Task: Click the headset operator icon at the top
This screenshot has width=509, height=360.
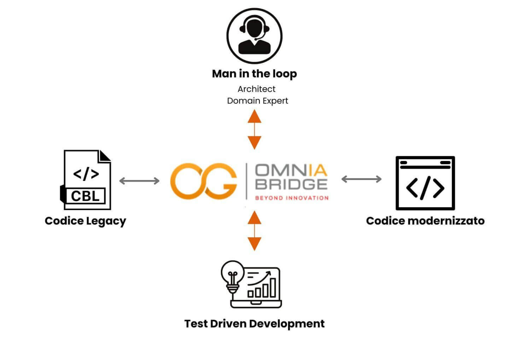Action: (x=254, y=36)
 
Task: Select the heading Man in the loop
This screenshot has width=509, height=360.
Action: (x=254, y=74)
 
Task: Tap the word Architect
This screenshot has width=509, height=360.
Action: (x=256, y=89)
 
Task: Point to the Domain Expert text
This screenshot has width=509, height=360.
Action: (x=257, y=101)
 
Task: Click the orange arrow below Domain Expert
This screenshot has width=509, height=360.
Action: (x=254, y=129)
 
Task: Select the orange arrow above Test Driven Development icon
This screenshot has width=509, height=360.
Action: (x=254, y=231)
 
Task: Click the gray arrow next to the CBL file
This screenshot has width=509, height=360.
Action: (x=139, y=181)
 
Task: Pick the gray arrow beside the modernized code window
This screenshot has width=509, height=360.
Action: (x=361, y=179)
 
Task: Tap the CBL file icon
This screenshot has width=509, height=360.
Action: (x=86, y=180)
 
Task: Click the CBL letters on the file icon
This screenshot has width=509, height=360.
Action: (x=85, y=196)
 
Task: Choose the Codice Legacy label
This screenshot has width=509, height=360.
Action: (x=85, y=221)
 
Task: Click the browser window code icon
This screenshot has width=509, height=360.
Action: (x=425, y=183)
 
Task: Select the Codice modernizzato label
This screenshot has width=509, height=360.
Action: (x=425, y=221)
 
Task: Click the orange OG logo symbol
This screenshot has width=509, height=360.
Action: (x=204, y=181)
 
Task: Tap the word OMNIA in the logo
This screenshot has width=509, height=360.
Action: (x=291, y=171)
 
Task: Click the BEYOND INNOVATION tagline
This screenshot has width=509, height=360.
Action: (x=292, y=198)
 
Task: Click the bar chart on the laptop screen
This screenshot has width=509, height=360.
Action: (x=262, y=288)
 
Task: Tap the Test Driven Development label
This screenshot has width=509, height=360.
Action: (x=254, y=324)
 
